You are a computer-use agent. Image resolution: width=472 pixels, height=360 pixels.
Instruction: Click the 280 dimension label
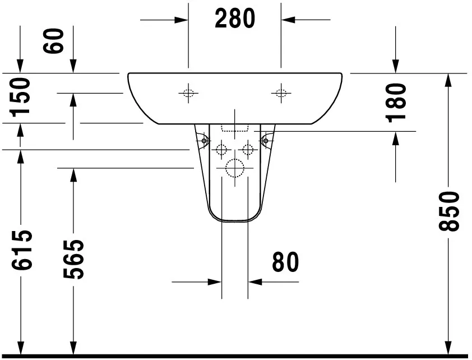pos(235,19)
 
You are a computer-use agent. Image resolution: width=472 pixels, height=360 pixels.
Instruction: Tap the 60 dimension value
pos(55,41)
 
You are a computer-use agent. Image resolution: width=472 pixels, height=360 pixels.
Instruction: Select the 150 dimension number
pos(20,96)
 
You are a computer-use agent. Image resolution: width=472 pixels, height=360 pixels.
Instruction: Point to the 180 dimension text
pos(396,101)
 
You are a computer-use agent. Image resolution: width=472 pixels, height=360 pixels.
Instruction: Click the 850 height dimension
pos(449,211)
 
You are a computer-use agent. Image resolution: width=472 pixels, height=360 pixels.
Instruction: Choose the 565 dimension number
pos(73,259)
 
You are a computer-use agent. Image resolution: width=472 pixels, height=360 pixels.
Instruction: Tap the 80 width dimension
pos(285,262)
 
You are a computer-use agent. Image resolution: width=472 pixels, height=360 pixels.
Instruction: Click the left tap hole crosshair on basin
pos(188,93)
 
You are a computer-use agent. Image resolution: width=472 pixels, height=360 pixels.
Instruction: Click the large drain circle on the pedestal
pos(234,168)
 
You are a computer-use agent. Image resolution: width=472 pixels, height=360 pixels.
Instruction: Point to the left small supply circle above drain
pos(221,149)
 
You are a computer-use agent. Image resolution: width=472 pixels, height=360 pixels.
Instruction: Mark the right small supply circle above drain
pos(247,149)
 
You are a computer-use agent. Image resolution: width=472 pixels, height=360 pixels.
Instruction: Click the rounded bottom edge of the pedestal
pos(234,220)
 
